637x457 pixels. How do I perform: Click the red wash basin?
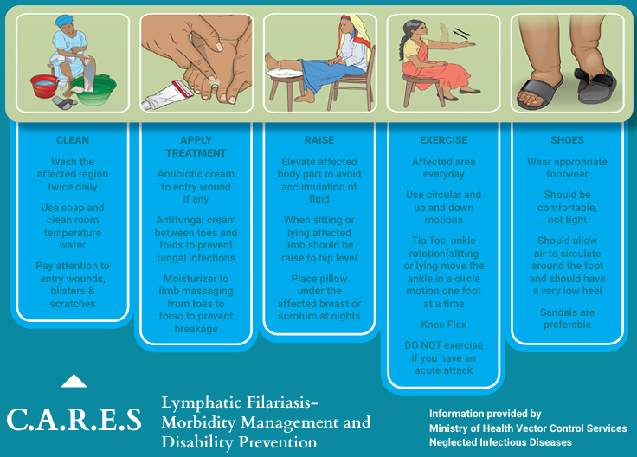tap(44, 86)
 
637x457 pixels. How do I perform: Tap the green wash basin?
tap(93, 90)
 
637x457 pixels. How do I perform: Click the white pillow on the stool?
tap(285, 73)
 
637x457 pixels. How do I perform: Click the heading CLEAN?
tap(73, 140)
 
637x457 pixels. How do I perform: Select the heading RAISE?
tap(319, 140)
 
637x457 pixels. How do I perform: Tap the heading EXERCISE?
tap(444, 140)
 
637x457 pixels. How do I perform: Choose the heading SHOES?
tap(567, 140)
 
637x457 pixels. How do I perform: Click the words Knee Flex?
tap(444, 325)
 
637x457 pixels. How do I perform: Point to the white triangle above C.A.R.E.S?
tap(74, 381)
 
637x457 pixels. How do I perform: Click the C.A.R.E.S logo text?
tap(74, 419)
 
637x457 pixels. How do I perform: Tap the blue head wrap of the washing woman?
tap(64, 20)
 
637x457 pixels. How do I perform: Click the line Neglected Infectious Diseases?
tap(500, 442)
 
